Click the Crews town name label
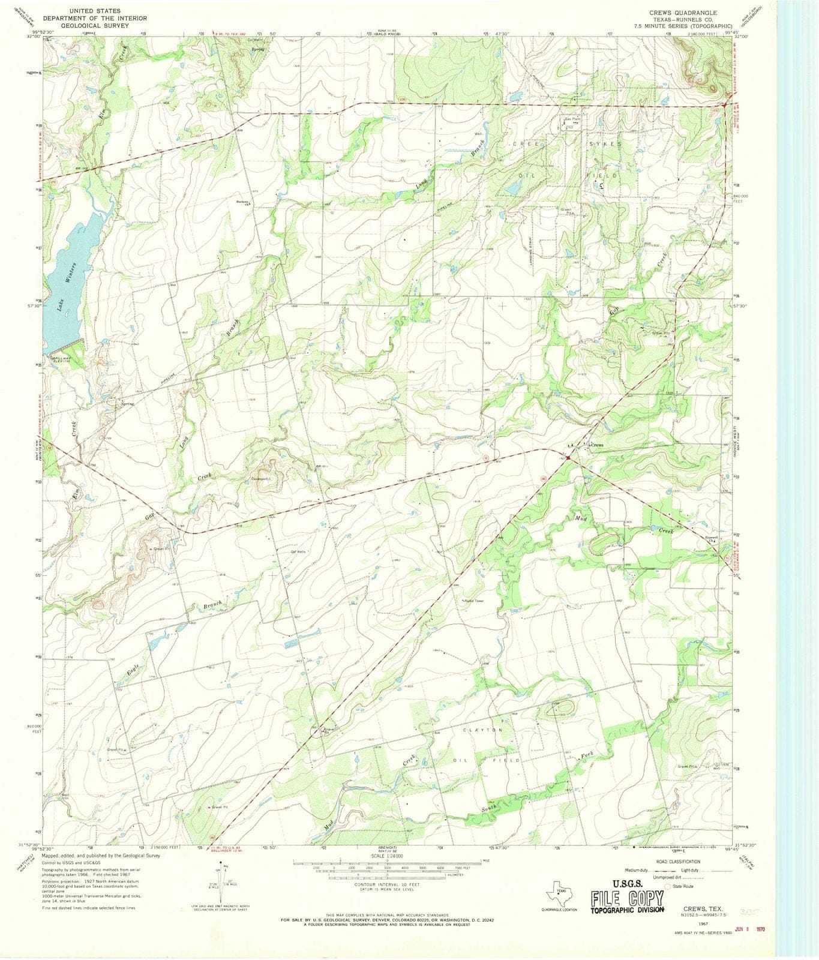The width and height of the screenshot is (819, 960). tap(596, 445)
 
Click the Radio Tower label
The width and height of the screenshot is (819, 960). tap(473, 601)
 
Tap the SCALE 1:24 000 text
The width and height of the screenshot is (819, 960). tap(387, 856)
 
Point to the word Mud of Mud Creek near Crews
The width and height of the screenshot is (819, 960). tap(580, 517)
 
